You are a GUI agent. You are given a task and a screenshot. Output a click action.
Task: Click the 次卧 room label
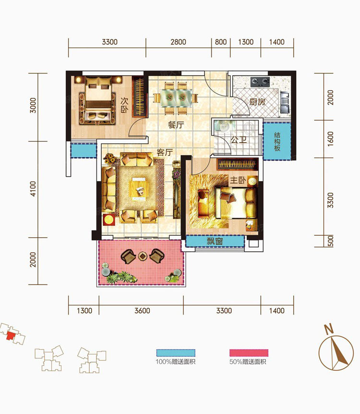[124, 105]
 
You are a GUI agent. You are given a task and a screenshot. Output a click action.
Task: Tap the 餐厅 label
[176, 124]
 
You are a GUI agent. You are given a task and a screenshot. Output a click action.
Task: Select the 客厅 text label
[165, 152]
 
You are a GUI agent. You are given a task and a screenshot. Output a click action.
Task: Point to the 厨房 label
[257, 102]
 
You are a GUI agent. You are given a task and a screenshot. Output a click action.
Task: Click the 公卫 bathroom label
[239, 140]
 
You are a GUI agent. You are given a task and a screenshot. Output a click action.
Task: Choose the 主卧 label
[238, 180]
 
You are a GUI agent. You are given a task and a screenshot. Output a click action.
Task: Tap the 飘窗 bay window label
[215, 241]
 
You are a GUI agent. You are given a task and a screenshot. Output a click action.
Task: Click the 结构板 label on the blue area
[277, 142]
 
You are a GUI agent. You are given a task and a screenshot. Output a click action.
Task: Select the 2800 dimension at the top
[179, 42]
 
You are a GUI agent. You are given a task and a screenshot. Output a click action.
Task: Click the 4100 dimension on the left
[33, 189]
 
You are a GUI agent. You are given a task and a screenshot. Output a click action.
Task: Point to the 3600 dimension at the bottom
[142, 310]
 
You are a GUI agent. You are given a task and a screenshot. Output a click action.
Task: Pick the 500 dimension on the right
[330, 241]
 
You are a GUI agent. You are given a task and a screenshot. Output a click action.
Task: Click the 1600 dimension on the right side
[330, 139]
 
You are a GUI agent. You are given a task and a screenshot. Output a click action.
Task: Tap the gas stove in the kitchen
[260, 82]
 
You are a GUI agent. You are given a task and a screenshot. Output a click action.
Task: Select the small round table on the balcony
[143, 256]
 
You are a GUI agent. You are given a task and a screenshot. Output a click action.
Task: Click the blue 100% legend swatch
[176, 353]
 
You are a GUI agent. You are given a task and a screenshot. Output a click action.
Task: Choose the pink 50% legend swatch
[249, 353]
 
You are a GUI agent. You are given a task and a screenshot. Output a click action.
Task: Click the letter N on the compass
[329, 329]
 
